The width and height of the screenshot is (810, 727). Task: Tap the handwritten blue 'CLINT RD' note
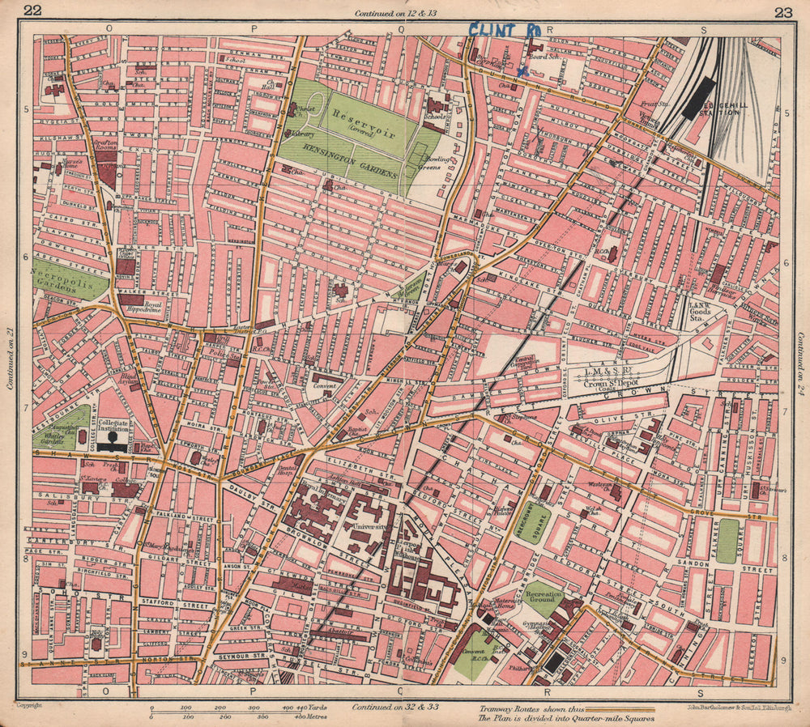pos(504,31)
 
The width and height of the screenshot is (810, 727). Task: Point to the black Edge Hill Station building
pos(698,98)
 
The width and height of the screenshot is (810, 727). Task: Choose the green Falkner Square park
pos(727,540)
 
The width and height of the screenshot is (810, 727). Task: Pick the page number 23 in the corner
pos(782,11)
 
